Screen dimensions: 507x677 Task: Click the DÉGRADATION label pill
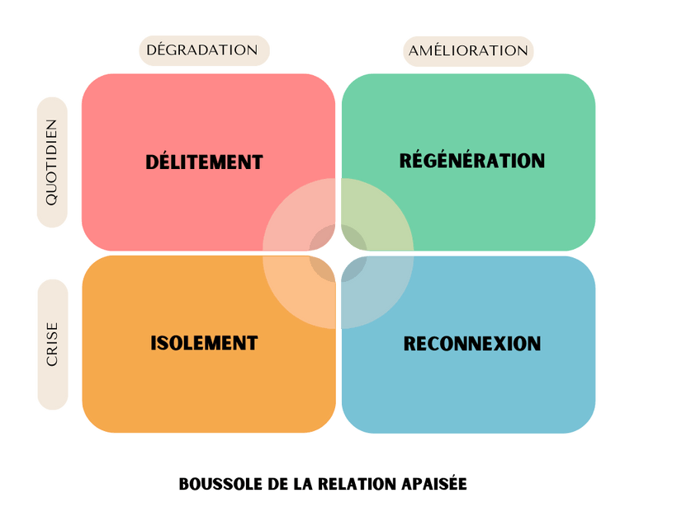(202, 50)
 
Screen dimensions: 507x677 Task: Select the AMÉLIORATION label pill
(468, 51)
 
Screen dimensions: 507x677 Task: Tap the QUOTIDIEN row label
(52, 162)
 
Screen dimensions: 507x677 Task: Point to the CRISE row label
(52, 345)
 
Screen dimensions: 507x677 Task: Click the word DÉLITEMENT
(204, 162)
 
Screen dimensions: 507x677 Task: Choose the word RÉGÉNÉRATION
(472, 160)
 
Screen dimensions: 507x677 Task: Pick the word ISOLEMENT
(204, 343)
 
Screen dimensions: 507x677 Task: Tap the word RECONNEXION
(471, 343)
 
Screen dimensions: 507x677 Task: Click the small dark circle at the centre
(338, 253)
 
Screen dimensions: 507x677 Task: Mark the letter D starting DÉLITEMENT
(153, 162)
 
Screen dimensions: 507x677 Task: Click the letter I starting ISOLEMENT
(154, 343)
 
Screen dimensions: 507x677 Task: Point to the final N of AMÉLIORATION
(522, 51)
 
